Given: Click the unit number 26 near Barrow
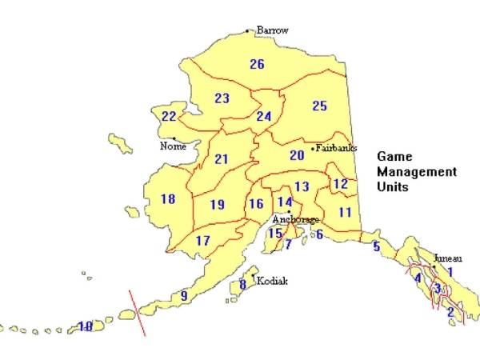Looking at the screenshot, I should click(x=257, y=64).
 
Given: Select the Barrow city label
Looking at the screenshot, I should click(x=272, y=30).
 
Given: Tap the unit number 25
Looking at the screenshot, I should click(x=320, y=106).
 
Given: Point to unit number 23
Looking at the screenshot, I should click(x=222, y=98).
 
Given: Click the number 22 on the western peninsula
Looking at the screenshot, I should click(x=169, y=117).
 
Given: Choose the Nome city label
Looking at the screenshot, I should click(x=173, y=146).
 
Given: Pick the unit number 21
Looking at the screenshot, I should click(x=222, y=159).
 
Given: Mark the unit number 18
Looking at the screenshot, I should click(x=168, y=199).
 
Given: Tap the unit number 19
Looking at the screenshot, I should click(x=217, y=205).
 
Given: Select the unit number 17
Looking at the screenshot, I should click(x=203, y=241).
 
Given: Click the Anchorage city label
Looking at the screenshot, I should click(x=295, y=219).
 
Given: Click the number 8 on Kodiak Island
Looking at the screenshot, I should click(x=242, y=285).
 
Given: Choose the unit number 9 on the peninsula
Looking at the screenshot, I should click(x=184, y=296).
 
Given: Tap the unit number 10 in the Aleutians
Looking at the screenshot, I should click(x=85, y=326).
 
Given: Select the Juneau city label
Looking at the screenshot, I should click(x=447, y=258).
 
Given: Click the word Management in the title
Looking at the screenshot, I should click(x=417, y=172).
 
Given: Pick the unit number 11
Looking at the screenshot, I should click(x=345, y=213).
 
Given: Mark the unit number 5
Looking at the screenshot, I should click(x=376, y=247).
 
